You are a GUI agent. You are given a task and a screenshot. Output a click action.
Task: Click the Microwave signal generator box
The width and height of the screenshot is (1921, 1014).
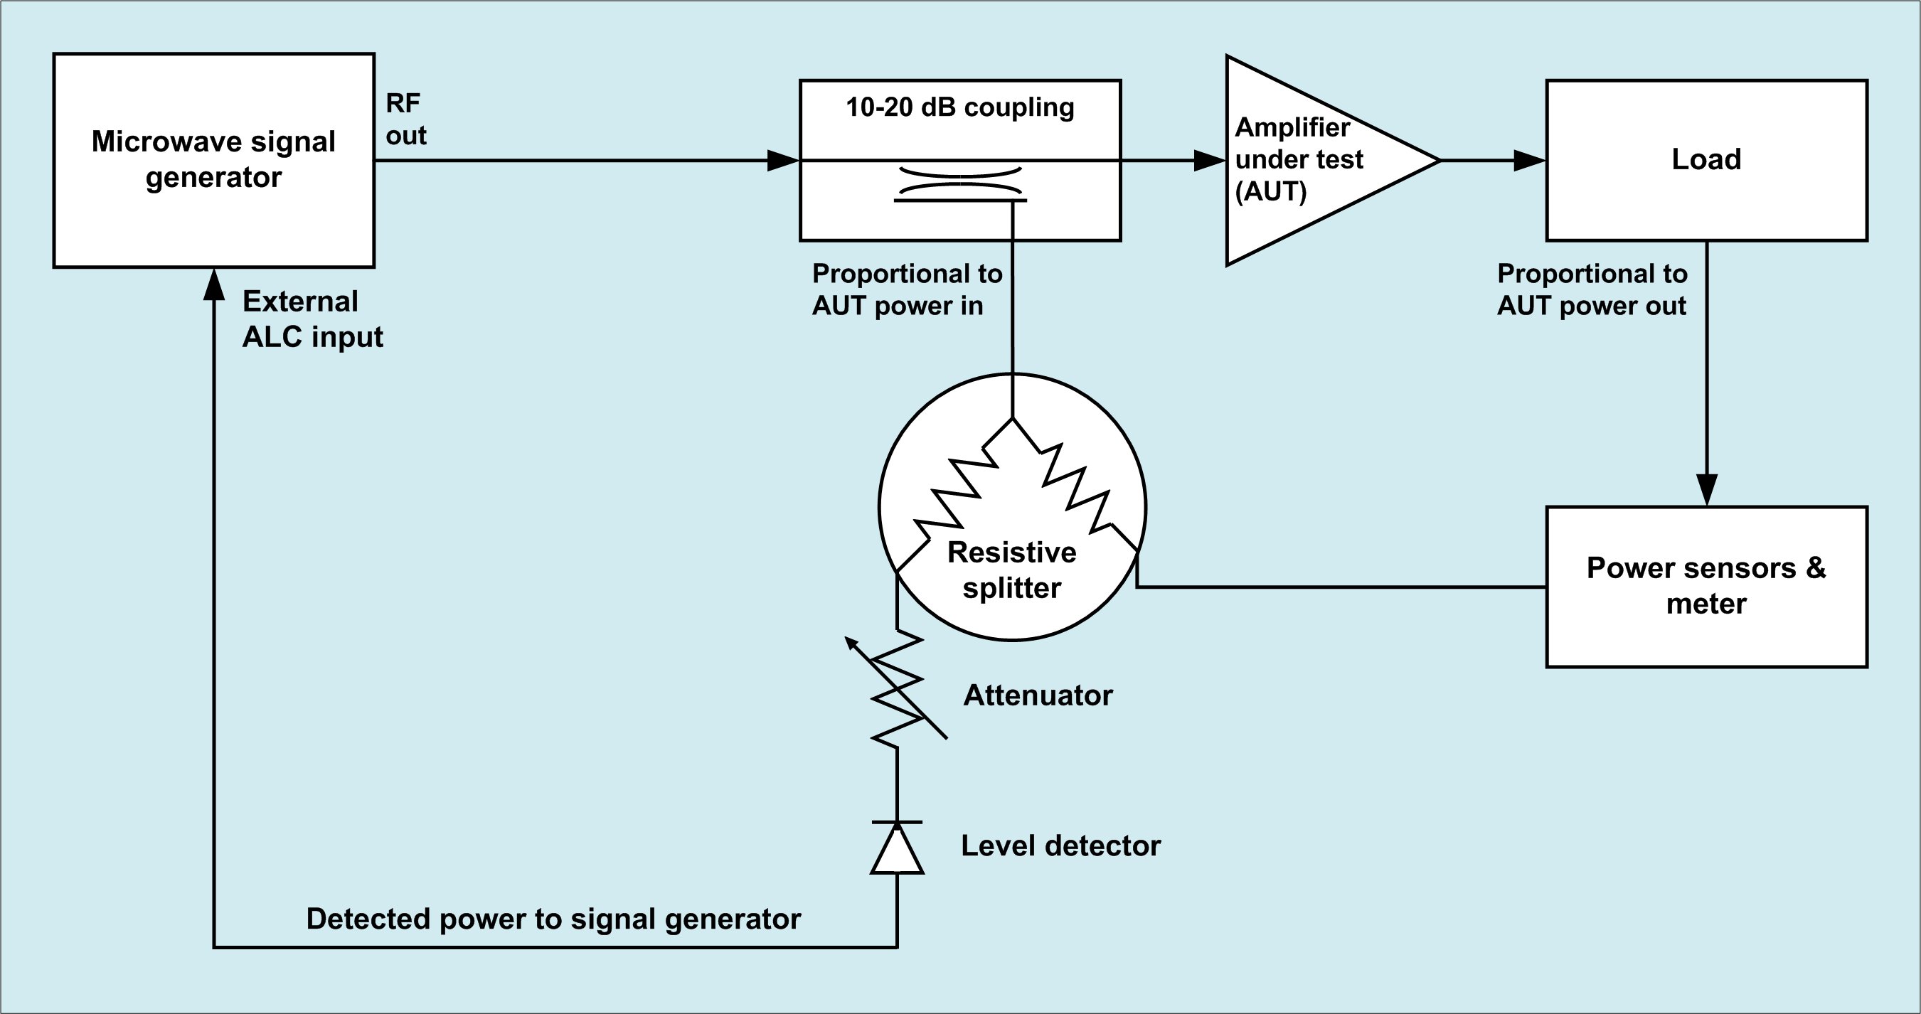(x=213, y=159)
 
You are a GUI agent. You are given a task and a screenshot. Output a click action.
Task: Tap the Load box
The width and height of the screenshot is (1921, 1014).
(x=1706, y=159)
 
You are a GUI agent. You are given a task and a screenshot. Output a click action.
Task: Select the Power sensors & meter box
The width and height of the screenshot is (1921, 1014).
(x=1706, y=586)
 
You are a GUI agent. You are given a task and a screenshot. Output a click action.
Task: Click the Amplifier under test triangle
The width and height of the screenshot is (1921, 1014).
(x=1312, y=159)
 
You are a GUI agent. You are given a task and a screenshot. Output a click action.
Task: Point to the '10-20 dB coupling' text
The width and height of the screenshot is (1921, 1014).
(x=959, y=107)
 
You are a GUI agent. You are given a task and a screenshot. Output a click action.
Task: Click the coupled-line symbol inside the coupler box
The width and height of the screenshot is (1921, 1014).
(x=959, y=186)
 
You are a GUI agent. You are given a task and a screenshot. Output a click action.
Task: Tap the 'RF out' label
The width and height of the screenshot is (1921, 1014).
(x=405, y=119)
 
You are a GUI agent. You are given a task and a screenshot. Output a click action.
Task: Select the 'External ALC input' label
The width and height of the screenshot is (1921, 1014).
(x=312, y=319)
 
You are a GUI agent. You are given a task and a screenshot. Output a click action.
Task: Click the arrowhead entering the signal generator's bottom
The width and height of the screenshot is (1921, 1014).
(x=214, y=285)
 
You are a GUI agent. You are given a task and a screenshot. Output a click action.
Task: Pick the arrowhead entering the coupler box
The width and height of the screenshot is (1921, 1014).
(x=783, y=159)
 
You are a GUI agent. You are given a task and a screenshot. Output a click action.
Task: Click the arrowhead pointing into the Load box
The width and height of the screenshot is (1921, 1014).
(x=1528, y=159)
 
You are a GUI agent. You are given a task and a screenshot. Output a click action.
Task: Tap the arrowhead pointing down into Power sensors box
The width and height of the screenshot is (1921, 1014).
(x=1706, y=490)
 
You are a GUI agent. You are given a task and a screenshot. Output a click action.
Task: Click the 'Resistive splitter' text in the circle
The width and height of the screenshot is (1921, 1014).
(x=1012, y=570)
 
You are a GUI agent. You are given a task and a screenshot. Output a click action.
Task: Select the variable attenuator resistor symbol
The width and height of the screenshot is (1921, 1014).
(x=897, y=688)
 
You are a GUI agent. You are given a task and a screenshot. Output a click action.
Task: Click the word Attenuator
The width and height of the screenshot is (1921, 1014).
(x=1037, y=695)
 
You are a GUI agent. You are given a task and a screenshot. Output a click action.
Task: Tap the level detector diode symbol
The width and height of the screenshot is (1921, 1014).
(x=897, y=848)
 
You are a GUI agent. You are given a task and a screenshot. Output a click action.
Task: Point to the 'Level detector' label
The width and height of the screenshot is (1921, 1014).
(x=1060, y=845)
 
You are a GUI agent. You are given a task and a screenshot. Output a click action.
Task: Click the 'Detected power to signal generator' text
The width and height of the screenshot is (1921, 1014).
(x=553, y=919)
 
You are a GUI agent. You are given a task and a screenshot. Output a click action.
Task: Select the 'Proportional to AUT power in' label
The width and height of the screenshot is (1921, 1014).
(x=906, y=289)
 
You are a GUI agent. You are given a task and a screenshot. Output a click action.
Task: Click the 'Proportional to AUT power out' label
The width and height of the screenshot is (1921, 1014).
(x=1592, y=289)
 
